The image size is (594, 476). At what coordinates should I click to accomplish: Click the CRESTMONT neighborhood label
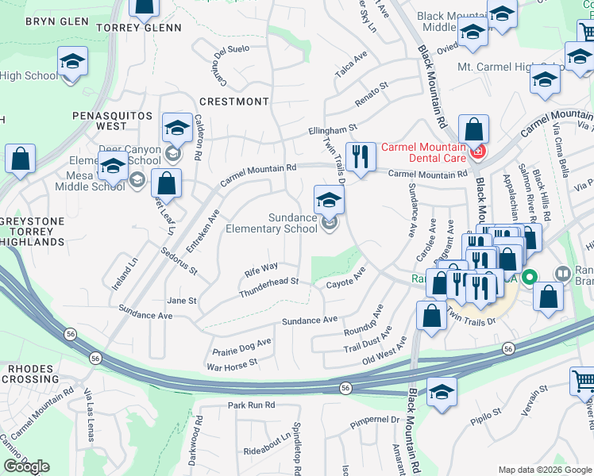[x=234, y=102]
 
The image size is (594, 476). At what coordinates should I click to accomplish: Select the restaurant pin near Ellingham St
[x=362, y=156]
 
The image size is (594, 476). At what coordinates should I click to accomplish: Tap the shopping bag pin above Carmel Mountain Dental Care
[x=473, y=129]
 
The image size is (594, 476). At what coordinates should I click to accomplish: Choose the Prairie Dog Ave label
[x=241, y=347]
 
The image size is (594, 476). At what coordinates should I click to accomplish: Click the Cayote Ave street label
[x=345, y=278]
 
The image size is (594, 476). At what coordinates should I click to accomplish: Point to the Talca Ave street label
[x=351, y=64]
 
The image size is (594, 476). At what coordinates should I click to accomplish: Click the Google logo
[x=26, y=466]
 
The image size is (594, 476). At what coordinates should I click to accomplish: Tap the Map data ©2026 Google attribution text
[x=544, y=469]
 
